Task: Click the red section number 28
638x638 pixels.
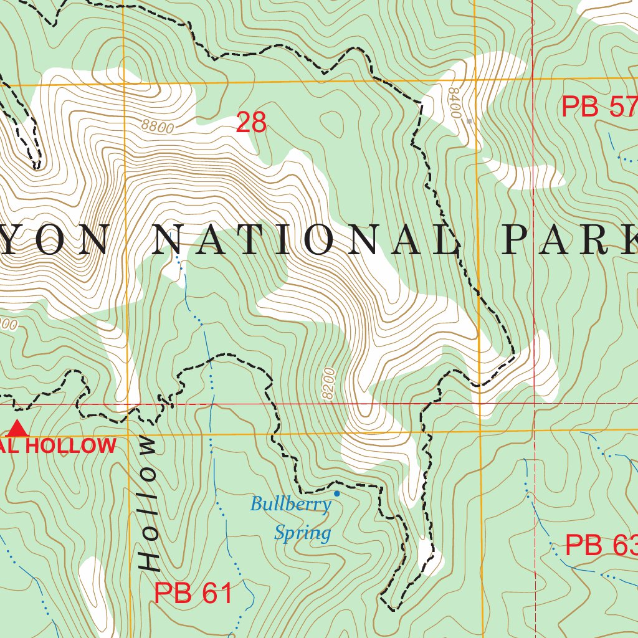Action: pyautogui.click(x=251, y=123)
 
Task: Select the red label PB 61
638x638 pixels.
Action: pyautogui.click(x=193, y=593)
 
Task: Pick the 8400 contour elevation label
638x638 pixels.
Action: pyautogui.click(x=454, y=103)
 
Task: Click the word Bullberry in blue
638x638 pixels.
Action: pyautogui.click(x=290, y=504)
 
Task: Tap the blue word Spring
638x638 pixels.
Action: pyautogui.click(x=303, y=533)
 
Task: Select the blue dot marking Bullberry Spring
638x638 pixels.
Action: pyautogui.click(x=337, y=493)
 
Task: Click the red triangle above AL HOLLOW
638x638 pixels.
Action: pyautogui.click(x=17, y=429)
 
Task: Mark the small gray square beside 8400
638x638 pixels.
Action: pyautogui.click(x=469, y=121)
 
